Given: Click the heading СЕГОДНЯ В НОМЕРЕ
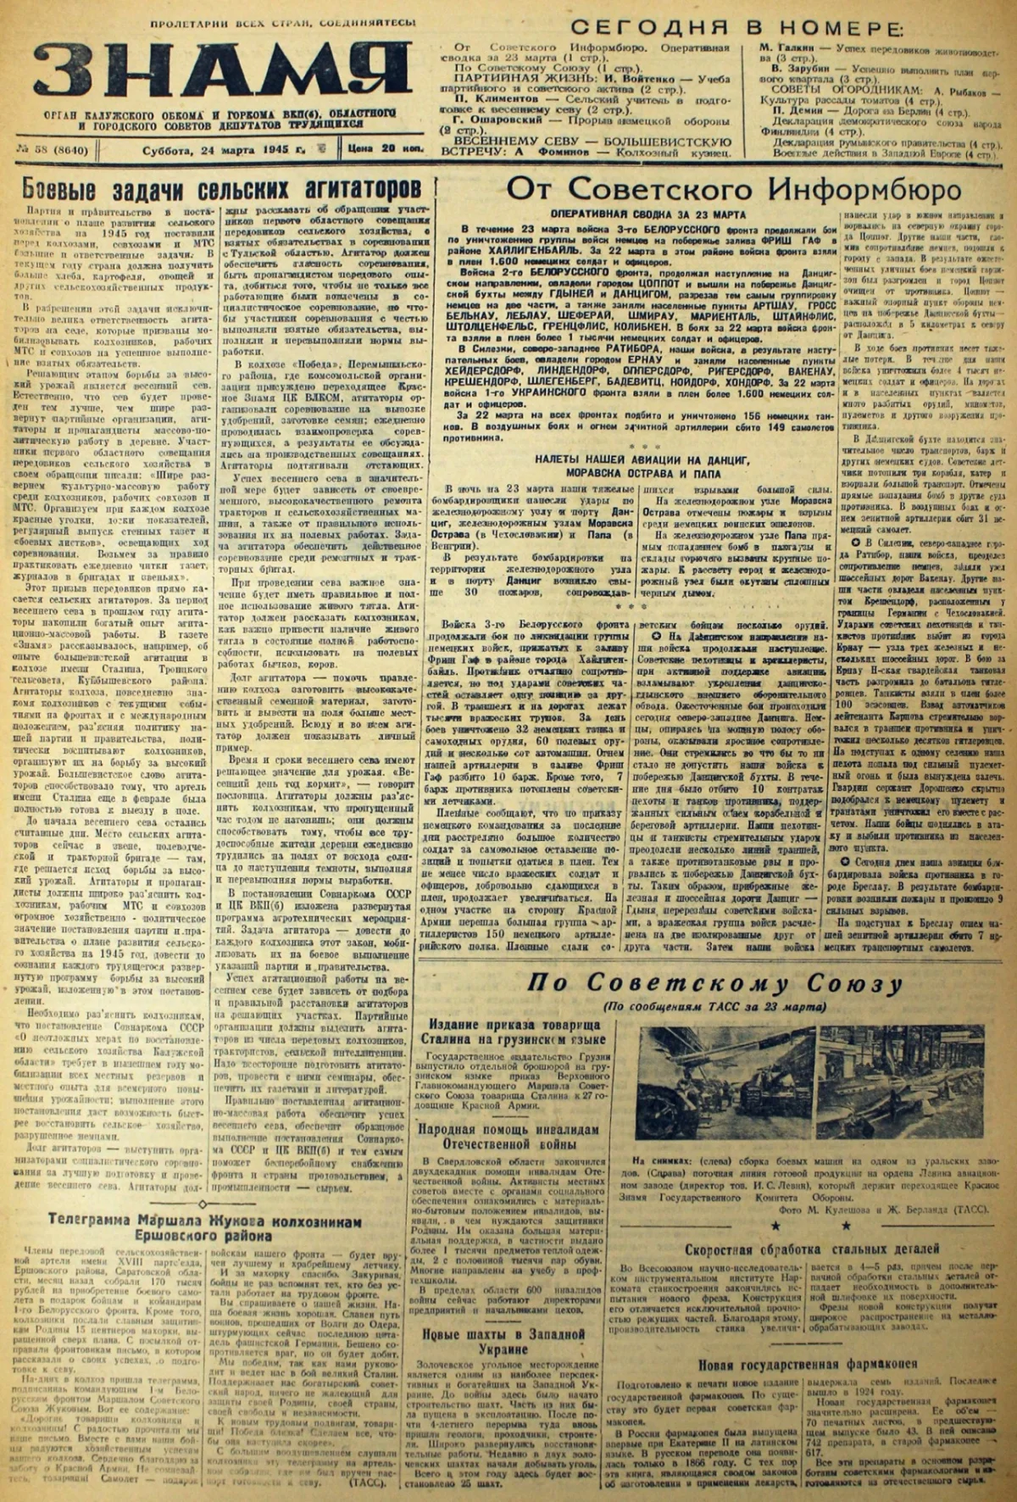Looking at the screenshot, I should (x=733, y=27).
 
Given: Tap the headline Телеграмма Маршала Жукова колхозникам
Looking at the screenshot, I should (x=204, y=1227).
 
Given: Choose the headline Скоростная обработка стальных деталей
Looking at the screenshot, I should (x=812, y=1249).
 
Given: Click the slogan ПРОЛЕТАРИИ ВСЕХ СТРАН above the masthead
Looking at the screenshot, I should (x=283, y=24).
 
